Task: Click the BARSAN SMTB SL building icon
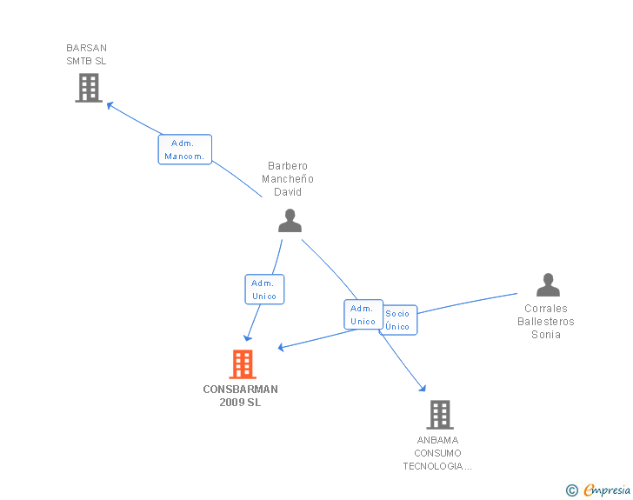(89, 87)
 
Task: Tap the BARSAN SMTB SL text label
(87, 55)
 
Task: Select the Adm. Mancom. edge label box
(185, 150)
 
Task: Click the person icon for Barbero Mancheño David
(290, 221)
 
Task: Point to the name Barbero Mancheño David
(288, 179)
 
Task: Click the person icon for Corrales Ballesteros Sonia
(548, 285)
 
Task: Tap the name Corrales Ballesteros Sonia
(546, 322)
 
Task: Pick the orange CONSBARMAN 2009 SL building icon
(243, 364)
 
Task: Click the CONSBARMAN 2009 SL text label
(241, 396)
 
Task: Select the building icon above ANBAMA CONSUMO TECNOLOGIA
(440, 415)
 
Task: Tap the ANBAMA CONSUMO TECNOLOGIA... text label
(437, 453)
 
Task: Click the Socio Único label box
(398, 320)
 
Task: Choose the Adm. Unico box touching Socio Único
(363, 315)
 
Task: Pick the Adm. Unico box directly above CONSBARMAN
(264, 290)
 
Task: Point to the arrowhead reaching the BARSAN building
(110, 105)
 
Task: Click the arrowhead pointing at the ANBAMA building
(422, 388)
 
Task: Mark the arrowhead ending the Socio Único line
(282, 348)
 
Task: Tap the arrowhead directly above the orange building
(248, 337)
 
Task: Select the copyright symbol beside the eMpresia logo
(571, 490)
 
